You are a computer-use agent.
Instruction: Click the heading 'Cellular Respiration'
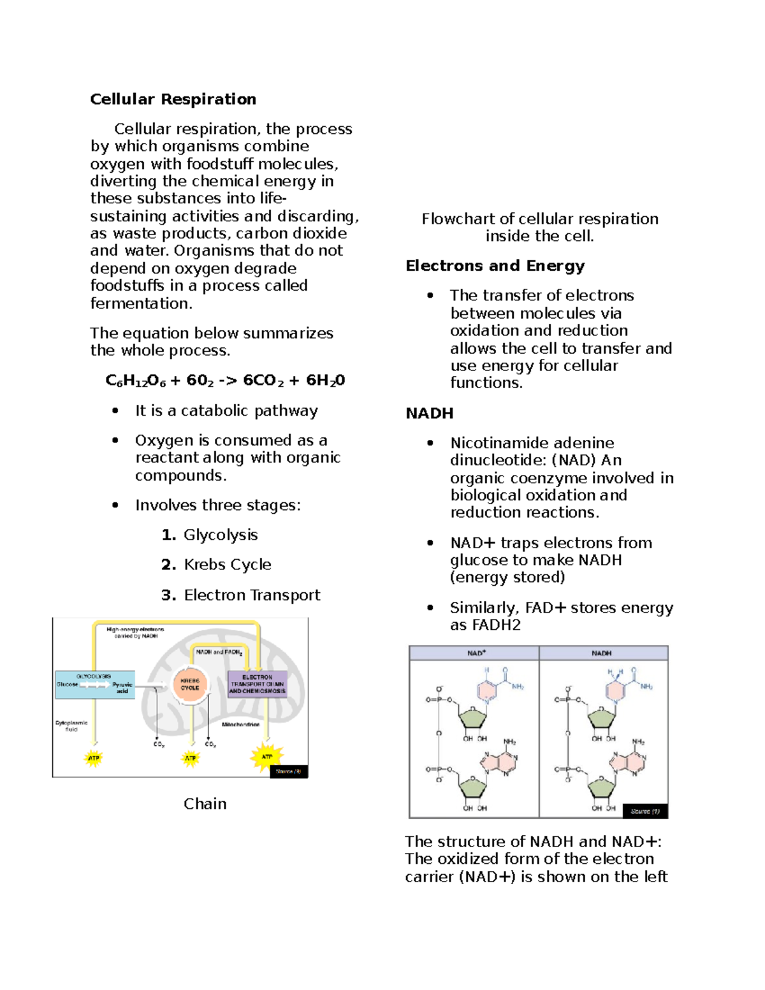coord(173,99)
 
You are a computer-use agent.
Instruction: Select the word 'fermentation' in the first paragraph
coord(140,303)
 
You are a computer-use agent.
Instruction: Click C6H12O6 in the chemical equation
coord(135,381)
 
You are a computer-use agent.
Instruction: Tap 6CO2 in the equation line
coord(263,381)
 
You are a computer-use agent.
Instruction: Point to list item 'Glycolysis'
coord(221,535)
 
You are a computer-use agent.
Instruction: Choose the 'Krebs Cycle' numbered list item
coord(227,565)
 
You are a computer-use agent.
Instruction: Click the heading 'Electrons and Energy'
coord(495,266)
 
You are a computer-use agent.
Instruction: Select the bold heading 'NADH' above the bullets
coord(429,413)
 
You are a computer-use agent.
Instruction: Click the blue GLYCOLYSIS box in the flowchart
coord(94,685)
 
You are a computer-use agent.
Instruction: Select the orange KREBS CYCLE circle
coord(190,685)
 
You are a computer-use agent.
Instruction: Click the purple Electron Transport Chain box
coord(257,684)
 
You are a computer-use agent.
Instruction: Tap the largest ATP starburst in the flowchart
coord(266,757)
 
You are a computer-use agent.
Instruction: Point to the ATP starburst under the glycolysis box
coord(94,758)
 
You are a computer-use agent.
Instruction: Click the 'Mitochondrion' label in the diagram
coord(240,725)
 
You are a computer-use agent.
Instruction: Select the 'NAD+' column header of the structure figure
coord(476,653)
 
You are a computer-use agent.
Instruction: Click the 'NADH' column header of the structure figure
coord(601,653)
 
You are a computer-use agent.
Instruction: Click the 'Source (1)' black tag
coord(645,811)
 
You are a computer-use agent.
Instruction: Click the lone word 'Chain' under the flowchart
coord(205,804)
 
